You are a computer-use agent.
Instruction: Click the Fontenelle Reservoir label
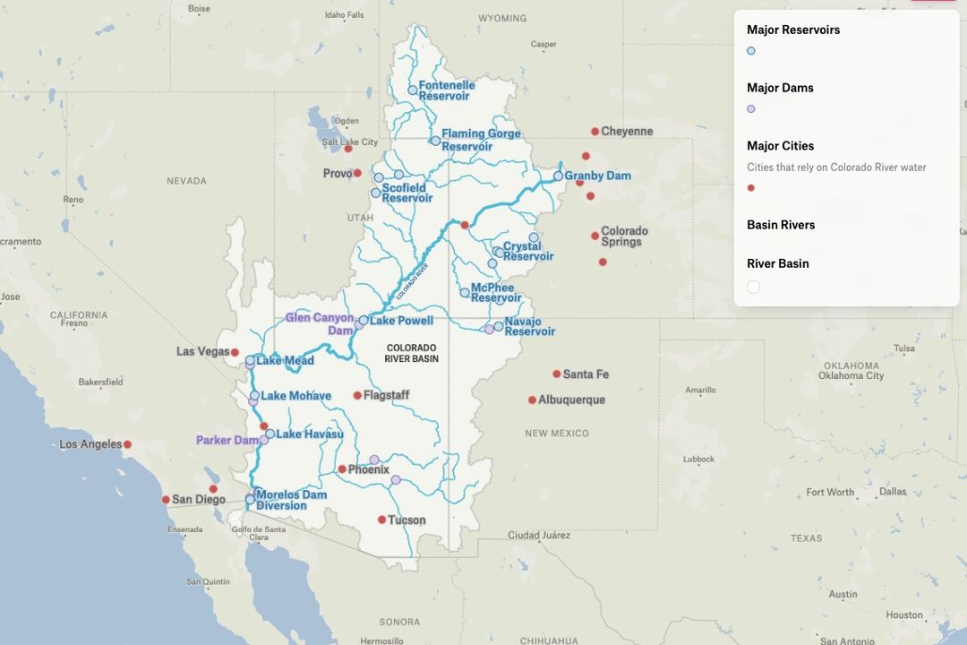pos(446,90)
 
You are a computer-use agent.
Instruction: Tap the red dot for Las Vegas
pos(235,352)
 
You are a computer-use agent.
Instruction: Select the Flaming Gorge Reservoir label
pos(480,140)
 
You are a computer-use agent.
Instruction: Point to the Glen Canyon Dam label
pos(320,323)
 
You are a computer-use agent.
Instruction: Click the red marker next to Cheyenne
pos(595,132)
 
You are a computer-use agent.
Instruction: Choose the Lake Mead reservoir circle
pos(251,361)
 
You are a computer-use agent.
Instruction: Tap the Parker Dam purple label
pos(227,440)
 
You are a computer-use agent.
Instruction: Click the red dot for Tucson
pos(382,520)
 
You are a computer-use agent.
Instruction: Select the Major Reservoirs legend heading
pos(793,30)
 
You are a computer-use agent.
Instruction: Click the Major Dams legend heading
pos(780,88)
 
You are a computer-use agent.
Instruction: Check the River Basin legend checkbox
pos(754,287)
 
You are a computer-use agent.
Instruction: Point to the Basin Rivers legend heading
pos(781,225)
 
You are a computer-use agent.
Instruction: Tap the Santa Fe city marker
pos(557,374)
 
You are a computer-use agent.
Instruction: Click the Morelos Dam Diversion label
pos(291,500)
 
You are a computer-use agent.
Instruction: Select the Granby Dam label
pos(597,176)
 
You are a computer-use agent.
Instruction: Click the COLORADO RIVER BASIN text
pos(412,353)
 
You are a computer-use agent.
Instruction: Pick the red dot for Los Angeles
pos(128,444)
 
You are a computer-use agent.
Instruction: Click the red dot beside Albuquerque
pos(532,400)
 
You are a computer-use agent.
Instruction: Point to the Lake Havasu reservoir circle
pos(270,434)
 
